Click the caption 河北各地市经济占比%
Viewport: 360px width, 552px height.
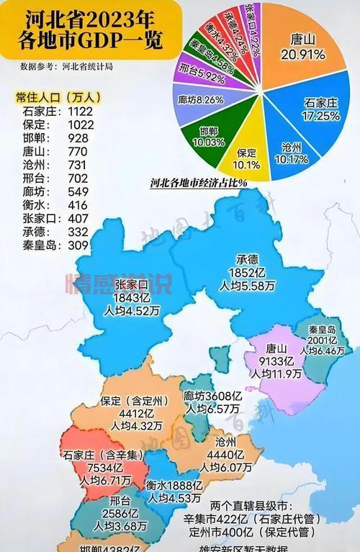pos(199,183)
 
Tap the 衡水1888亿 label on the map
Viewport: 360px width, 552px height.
pos(176,484)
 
